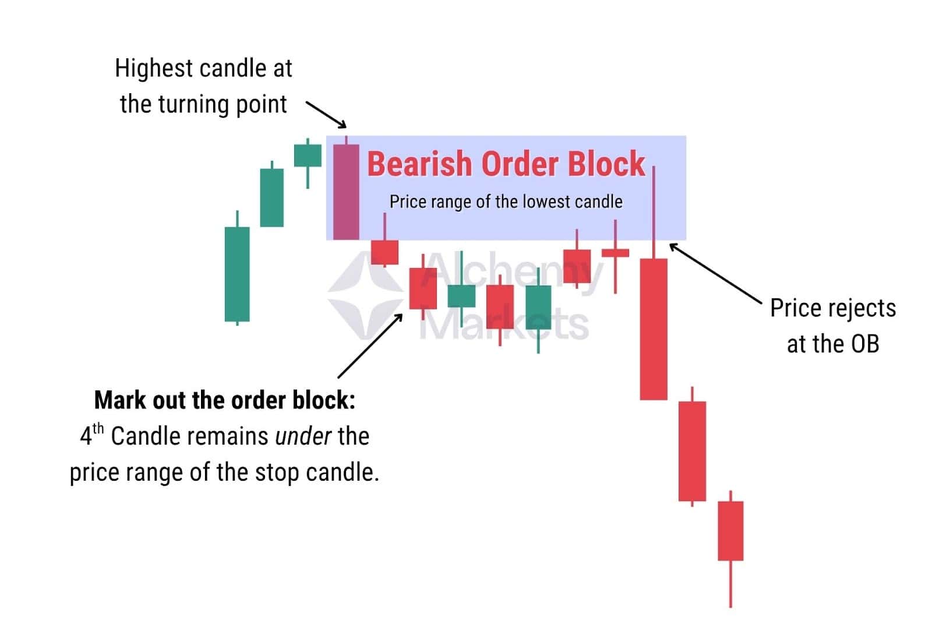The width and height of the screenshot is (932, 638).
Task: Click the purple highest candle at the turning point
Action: pos(346,192)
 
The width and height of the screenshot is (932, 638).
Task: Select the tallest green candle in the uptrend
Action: pos(237,274)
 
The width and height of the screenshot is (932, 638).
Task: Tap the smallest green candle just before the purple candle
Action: pos(308,156)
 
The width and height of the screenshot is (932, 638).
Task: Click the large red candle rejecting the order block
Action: pos(654,329)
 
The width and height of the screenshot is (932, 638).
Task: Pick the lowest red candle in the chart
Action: pos(730,530)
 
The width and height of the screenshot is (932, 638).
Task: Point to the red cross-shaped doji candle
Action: pos(615,253)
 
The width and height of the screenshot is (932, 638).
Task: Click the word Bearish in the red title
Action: pos(419,164)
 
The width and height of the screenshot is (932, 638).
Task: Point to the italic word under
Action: pos(303,436)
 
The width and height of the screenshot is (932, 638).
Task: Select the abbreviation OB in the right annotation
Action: pos(864,344)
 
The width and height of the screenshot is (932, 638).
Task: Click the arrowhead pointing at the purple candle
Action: pos(343,124)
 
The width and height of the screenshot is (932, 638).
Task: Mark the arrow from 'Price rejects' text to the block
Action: pos(715,273)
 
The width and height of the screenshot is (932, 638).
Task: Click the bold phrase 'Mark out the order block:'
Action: pos(224,400)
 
